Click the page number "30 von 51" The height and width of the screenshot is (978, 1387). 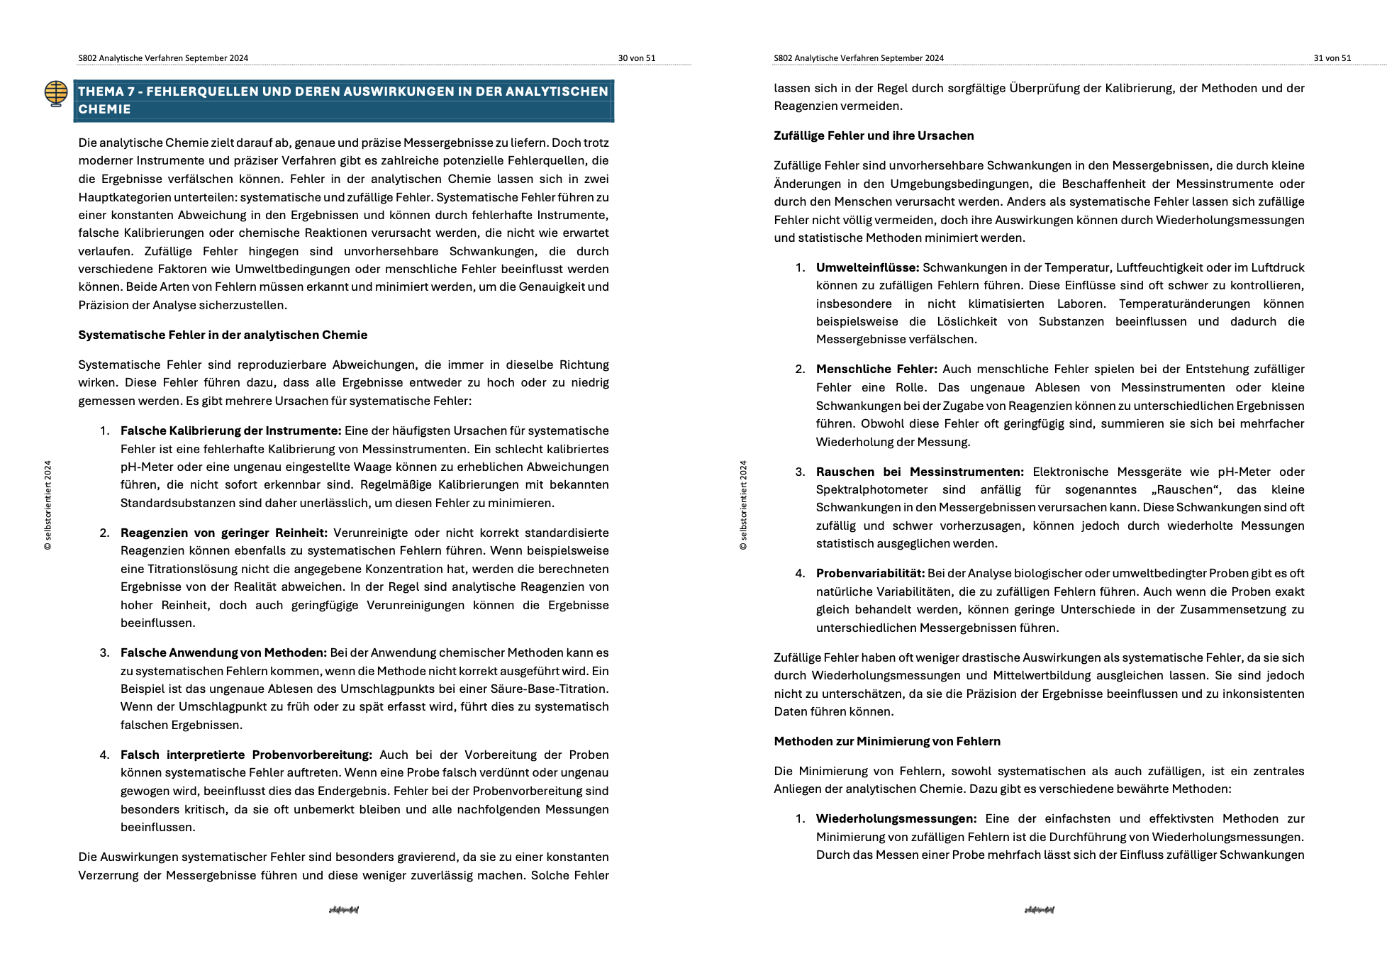pos(636,58)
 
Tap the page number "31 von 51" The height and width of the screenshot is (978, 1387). pos(1332,58)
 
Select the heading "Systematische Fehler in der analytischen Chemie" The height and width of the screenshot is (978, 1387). pos(223,335)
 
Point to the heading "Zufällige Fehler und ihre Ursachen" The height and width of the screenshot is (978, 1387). pos(874,135)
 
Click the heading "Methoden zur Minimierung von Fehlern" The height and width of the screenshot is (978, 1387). pos(887,741)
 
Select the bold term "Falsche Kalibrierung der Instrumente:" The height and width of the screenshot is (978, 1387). pos(230,430)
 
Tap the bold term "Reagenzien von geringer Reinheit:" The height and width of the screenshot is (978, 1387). pos(223,533)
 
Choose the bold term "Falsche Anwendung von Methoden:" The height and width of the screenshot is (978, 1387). pos(223,652)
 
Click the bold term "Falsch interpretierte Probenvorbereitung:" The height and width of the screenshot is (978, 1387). pos(246,755)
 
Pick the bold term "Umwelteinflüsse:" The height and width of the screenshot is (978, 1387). pos(867,267)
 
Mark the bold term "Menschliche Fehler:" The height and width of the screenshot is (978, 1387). pos(876,369)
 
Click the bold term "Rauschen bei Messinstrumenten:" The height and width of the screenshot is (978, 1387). pos(920,472)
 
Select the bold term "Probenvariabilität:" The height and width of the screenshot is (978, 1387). pos(870,573)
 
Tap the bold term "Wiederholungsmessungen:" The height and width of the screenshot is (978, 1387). pos(896,818)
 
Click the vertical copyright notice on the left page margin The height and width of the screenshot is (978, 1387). pos(48,505)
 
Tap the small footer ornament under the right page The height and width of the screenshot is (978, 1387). pos(1039,909)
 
